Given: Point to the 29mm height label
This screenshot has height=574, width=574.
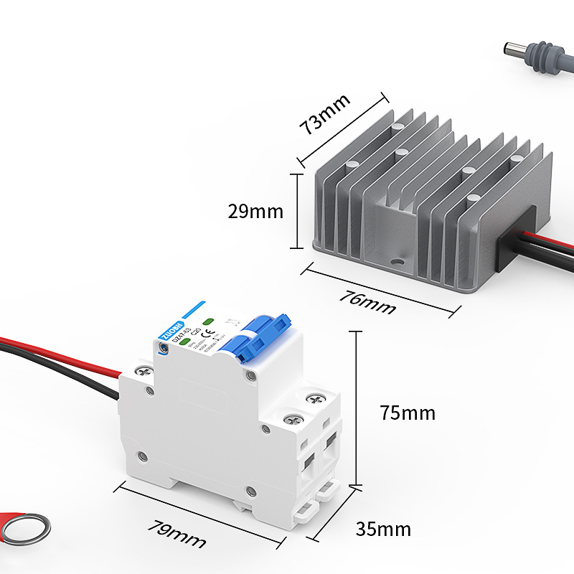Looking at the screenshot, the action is (x=256, y=212).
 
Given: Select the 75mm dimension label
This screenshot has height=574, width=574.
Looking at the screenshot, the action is (x=408, y=413).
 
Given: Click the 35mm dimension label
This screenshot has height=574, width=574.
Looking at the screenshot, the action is (x=384, y=530).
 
